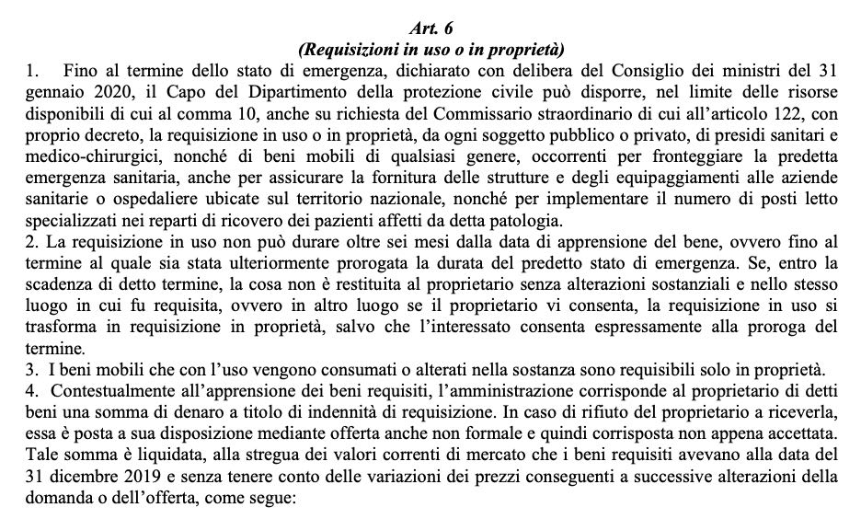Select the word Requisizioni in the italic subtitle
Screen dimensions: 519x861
tap(344, 47)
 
